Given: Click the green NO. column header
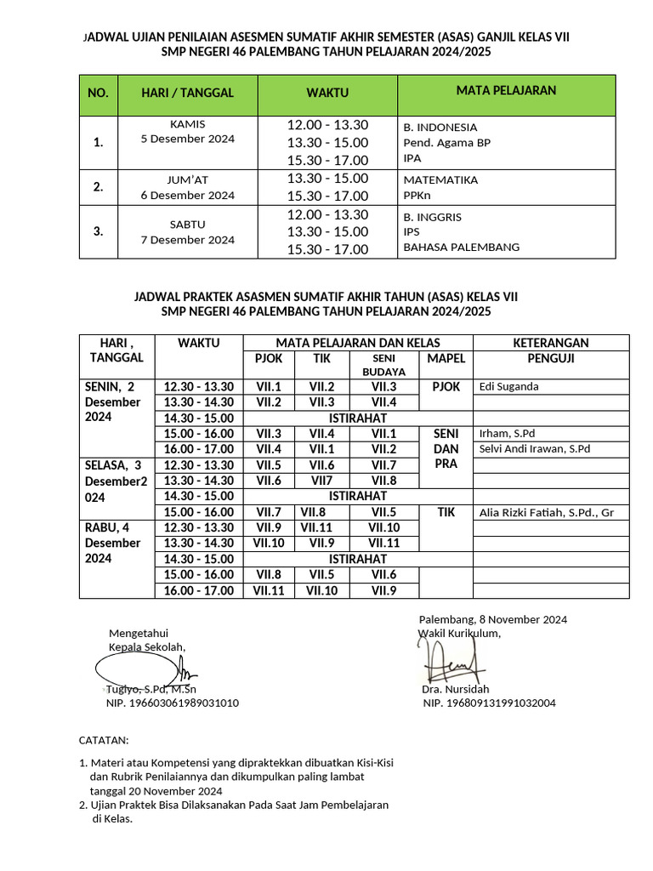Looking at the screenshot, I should pos(99,94).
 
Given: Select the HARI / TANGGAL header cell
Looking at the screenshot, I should pos(187,94).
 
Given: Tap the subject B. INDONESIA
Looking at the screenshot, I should pos(440,127).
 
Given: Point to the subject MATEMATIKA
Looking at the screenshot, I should pos(440,179).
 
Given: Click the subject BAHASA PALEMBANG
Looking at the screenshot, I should pos(461,248).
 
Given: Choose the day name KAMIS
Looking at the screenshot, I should pos(187,123).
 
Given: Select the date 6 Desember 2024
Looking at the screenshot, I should pos(187,195).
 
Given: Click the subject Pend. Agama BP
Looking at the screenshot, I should pos(446,142).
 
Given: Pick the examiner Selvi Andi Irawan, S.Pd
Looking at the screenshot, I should pos(534,448).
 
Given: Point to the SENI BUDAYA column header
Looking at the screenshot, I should pos(383,365).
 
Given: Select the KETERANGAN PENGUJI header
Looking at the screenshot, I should pos(550,350).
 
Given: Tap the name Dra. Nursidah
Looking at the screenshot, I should pos(455,689).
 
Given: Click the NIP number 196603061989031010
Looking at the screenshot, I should pos(172,703).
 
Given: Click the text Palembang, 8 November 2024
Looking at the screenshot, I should pos(492,619).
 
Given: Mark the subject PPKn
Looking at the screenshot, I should pos(417,195).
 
